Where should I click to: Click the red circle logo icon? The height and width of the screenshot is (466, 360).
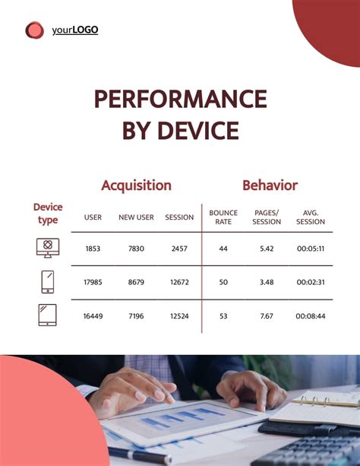point(34,30)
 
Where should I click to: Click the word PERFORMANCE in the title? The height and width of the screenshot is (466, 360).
point(180,100)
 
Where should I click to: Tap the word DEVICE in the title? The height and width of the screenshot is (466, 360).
point(198,131)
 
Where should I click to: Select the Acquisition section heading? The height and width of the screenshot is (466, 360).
point(136,185)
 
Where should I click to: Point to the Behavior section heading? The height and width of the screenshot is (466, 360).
point(270,185)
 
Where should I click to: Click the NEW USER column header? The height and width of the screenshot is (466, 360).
point(136,217)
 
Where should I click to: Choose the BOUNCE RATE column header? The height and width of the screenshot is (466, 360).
point(223,217)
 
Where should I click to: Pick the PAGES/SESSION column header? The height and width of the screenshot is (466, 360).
point(267,217)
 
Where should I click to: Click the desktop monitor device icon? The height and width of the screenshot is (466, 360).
point(47,248)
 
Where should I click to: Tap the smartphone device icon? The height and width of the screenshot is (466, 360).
point(47,282)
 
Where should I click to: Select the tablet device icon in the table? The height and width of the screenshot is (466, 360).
point(47,315)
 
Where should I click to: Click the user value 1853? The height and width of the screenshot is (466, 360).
point(93,249)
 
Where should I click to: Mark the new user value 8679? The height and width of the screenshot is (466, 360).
point(136,282)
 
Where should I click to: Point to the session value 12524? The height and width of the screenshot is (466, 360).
point(179,315)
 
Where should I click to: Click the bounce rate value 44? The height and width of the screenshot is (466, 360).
point(223,249)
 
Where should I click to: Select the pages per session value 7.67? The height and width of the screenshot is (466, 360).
point(267,315)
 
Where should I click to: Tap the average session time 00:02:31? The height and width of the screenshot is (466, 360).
point(311,282)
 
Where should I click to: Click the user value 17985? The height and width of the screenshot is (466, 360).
point(93,282)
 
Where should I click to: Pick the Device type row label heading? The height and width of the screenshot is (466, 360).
point(48,214)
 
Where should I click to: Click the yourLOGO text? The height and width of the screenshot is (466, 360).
point(75,30)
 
